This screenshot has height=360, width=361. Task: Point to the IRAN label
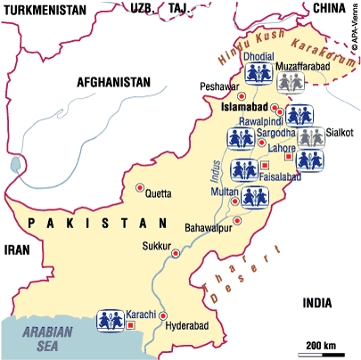[18, 250]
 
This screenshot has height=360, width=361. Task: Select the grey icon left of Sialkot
[310, 137]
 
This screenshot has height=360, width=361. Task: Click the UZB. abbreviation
[144, 8]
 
